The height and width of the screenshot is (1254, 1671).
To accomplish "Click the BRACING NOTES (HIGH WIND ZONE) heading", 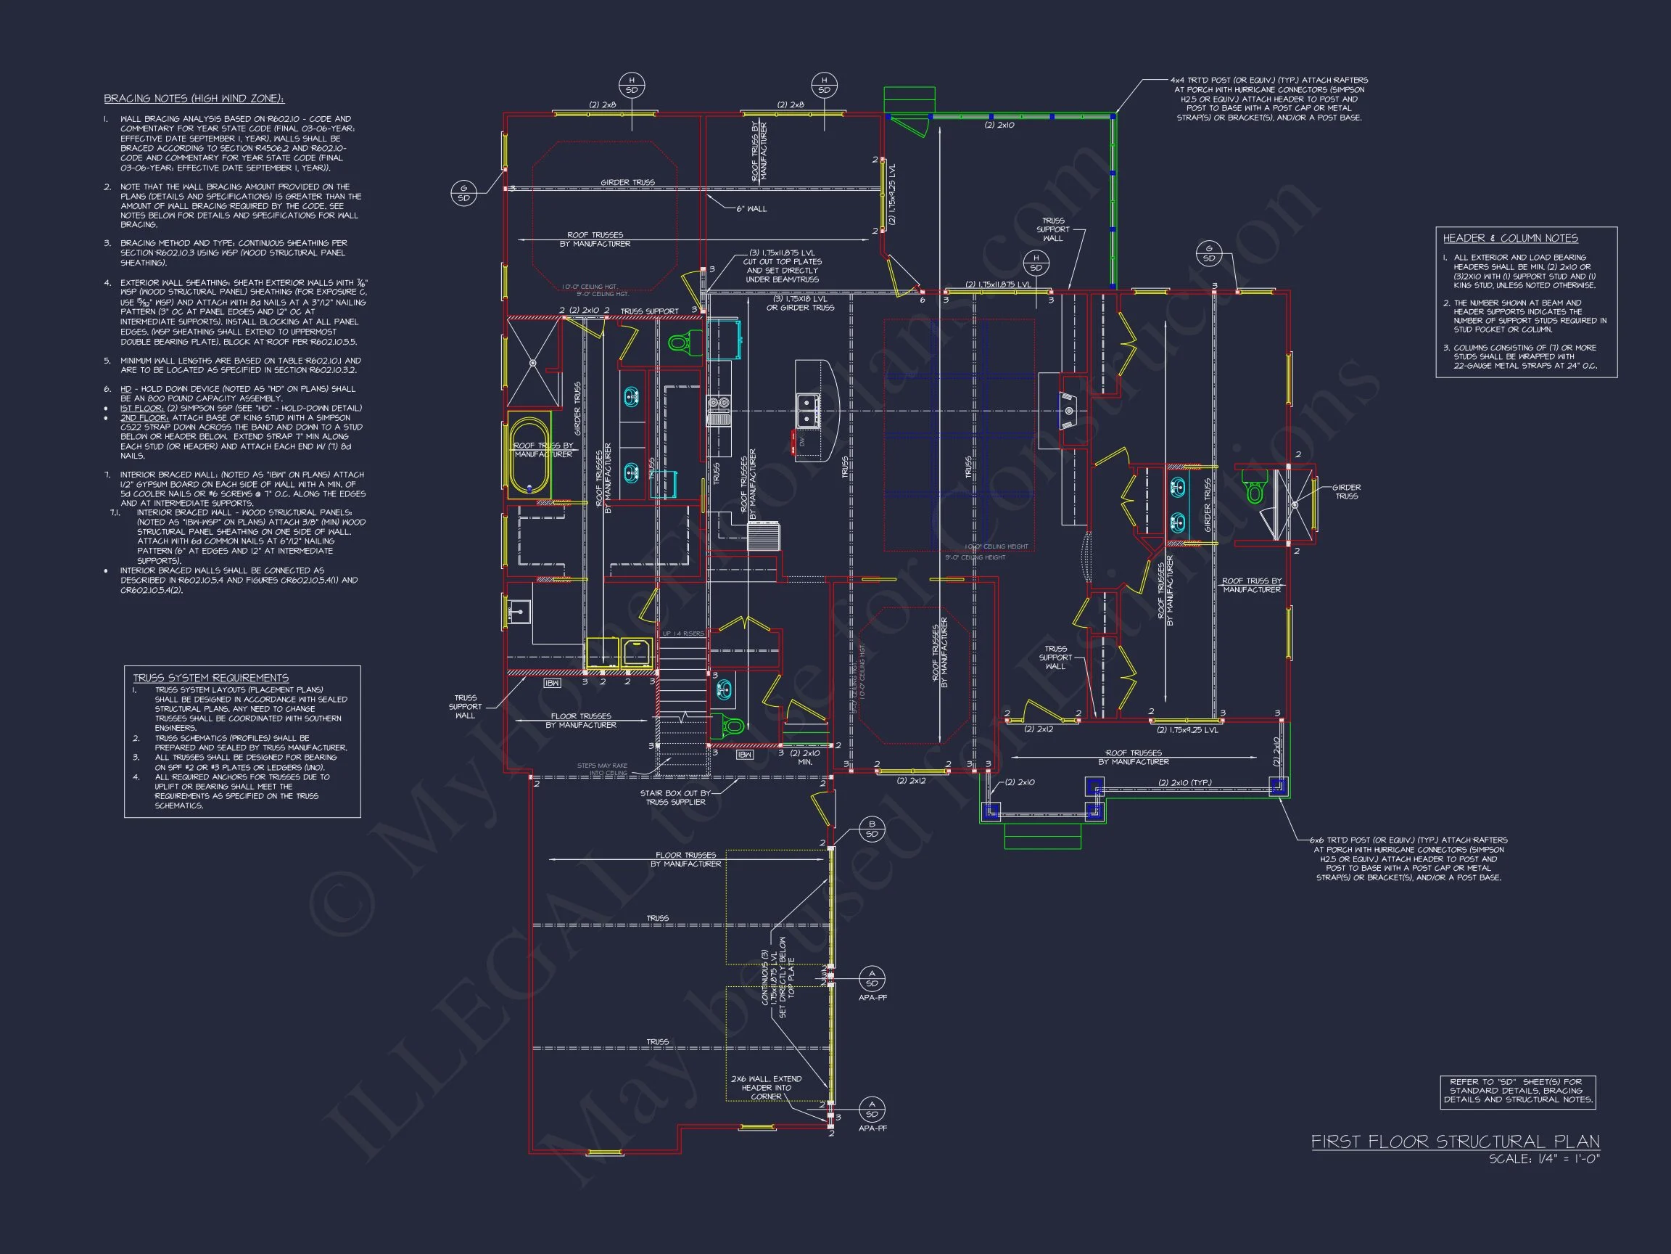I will click(x=194, y=99).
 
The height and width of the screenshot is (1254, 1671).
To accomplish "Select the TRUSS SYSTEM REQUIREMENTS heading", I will click(x=211, y=678).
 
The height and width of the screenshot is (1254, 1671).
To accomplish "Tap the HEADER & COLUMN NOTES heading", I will click(x=1510, y=238).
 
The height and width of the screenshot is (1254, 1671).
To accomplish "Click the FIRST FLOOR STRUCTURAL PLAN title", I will click(x=1455, y=1142).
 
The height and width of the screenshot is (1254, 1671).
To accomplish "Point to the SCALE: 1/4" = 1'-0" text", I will click(x=1544, y=1159).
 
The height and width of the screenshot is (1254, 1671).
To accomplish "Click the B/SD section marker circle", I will click(x=872, y=829).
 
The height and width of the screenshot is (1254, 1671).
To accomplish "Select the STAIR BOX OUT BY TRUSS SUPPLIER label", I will click(x=675, y=798).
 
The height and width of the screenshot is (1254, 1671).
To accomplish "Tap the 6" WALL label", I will click(x=751, y=208).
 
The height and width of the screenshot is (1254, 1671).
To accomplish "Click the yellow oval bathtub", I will click(x=529, y=455).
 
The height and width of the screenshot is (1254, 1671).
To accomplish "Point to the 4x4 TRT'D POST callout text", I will click(x=1269, y=99).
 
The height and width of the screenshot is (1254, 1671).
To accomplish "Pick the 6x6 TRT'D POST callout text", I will click(x=1410, y=858).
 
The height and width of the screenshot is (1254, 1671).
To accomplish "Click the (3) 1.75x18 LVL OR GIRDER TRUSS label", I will click(x=800, y=303).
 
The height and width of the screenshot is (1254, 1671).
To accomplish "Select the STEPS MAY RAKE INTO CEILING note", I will click(x=602, y=769).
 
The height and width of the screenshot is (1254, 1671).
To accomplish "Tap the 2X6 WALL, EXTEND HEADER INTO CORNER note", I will click(x=766, y=1088).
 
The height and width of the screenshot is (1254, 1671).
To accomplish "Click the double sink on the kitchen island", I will click(x=806, y=410).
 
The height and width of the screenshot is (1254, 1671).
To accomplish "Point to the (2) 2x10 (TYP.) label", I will click(x=1185, y=782).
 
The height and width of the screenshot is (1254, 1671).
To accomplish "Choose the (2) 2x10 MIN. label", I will click(x=804, y=758).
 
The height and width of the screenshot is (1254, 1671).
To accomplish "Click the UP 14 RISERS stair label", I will click(x=683, y=634).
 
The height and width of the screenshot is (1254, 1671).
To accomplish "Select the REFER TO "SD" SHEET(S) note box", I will click(x=1518, y=1091).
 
